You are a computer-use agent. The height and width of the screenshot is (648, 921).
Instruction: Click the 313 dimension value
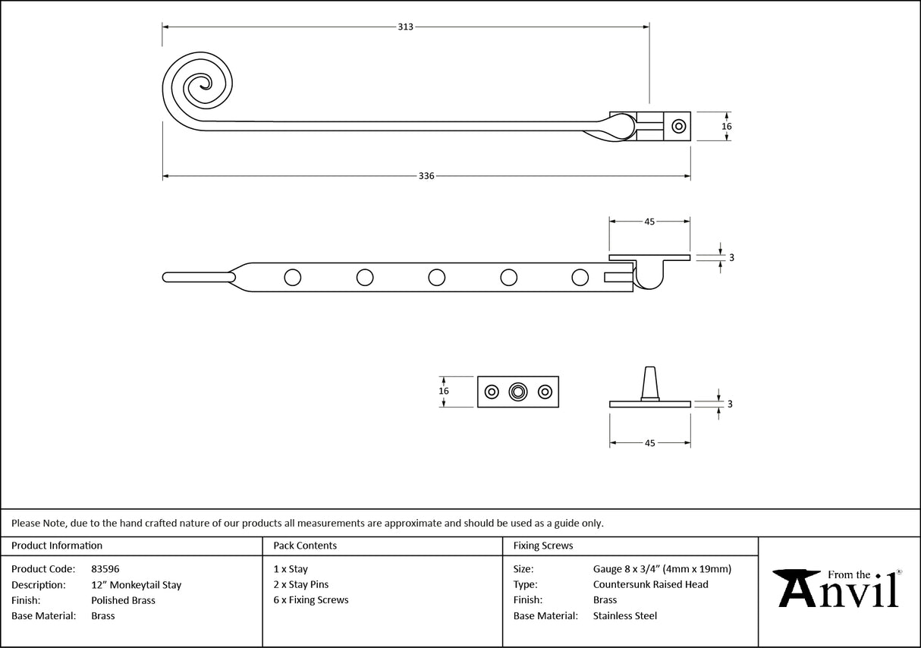tap(405, 27)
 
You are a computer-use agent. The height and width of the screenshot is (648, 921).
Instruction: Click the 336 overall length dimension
tap(426, 176)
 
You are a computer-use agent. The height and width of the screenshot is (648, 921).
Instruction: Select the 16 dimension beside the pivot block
tap(726, 126)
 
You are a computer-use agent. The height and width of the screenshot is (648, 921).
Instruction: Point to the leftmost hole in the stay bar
tap(292, 278)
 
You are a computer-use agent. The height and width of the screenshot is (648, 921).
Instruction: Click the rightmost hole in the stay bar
tap(580, 278)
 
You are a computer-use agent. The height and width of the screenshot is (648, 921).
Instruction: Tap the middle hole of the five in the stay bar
tap(436, 278)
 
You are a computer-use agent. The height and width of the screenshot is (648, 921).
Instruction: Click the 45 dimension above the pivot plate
tap(649, 222)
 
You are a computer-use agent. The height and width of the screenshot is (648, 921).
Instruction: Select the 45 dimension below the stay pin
tap(649, 442)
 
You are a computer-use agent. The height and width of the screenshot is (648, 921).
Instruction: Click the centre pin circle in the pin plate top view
tap(518, 392)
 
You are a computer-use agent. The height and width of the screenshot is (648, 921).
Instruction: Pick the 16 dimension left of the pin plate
tap(444, 391)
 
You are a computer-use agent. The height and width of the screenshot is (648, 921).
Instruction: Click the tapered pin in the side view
tap(649, 382)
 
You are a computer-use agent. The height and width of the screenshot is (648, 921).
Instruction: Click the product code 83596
tap(105, 569)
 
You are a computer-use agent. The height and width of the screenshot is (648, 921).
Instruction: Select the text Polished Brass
tap(123, 600)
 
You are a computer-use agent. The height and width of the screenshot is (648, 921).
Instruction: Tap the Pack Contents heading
tap(305, 546)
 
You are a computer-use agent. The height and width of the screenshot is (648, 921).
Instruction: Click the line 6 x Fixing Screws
tap(311, 600)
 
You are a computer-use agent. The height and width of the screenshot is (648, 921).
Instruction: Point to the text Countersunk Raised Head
tap(650, 584)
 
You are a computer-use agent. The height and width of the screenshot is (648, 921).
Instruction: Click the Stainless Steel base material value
tap(624, 616)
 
